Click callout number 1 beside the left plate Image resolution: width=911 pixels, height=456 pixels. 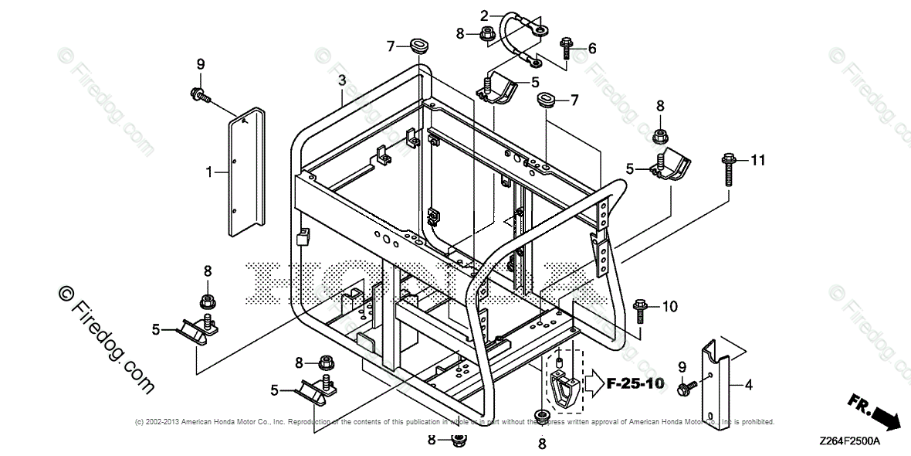pos(209,172)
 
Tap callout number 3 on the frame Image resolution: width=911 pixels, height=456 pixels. pos(341,80)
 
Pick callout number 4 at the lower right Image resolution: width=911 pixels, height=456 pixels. pos(749,383)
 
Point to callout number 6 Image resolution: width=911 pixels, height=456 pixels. pos(592,49)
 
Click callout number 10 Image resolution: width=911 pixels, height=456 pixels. pos(669,307)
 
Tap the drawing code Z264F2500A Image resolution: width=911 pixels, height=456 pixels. pos(850,442)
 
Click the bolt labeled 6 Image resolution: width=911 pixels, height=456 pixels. pos(566,48)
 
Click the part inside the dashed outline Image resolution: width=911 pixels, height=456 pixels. pos(563,383)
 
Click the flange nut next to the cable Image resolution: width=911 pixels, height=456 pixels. pos(486,33)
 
